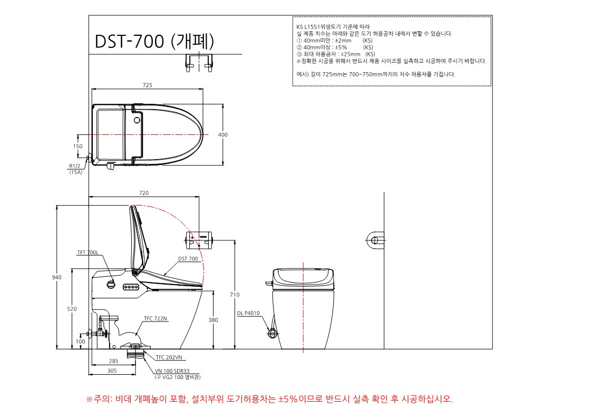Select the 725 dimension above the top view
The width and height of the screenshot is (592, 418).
coord(147,85)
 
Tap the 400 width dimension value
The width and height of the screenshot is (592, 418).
coord(223,135)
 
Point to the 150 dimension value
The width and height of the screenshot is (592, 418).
coord(78,146)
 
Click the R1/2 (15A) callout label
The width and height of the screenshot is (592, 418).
coord(75,169)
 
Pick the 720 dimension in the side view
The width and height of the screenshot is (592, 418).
coord(144,193)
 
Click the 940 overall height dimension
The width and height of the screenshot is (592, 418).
coord(56,277)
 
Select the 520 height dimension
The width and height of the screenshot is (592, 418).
coord(72,309)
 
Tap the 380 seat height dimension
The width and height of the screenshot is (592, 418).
coord(213,320)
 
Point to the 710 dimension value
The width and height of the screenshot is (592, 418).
coord(235,295)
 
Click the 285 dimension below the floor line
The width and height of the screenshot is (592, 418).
coord(114,361)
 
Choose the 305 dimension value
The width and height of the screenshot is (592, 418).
coord(112,371)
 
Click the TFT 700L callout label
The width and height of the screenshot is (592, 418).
coord(88,252)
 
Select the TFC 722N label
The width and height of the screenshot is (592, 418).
coord(155,319)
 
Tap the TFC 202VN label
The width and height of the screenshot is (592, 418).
coord(169,357)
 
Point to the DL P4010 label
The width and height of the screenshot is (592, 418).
coord(248,313)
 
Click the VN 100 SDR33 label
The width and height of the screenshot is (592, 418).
coord(172,371)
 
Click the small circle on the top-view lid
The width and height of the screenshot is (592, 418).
coord(137,121)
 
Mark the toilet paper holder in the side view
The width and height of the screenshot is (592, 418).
coord(199,240)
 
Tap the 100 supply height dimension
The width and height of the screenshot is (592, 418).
coord(81,342)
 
